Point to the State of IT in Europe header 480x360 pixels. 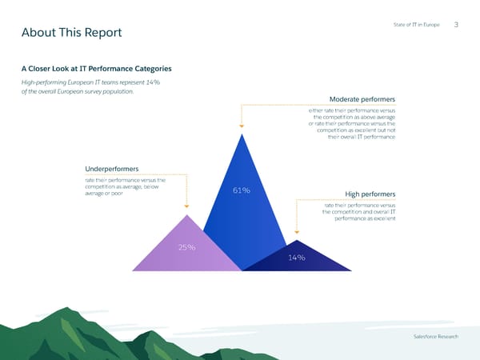(418, 26)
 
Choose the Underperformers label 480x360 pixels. (111, 169)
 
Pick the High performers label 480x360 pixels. (370, 194)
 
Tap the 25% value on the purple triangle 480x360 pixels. (187, 247)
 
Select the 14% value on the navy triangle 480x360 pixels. (298, 257)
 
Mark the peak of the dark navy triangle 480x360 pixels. (298, 239)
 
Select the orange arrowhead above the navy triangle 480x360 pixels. (298, 234)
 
